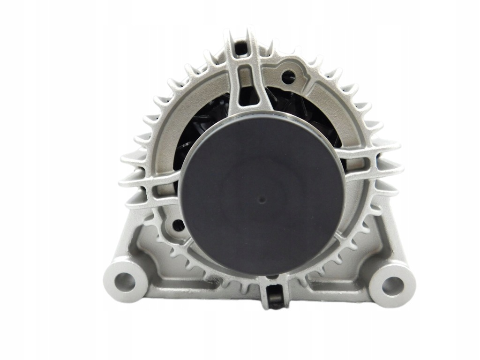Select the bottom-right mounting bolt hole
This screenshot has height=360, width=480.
(x=392, y=284)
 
